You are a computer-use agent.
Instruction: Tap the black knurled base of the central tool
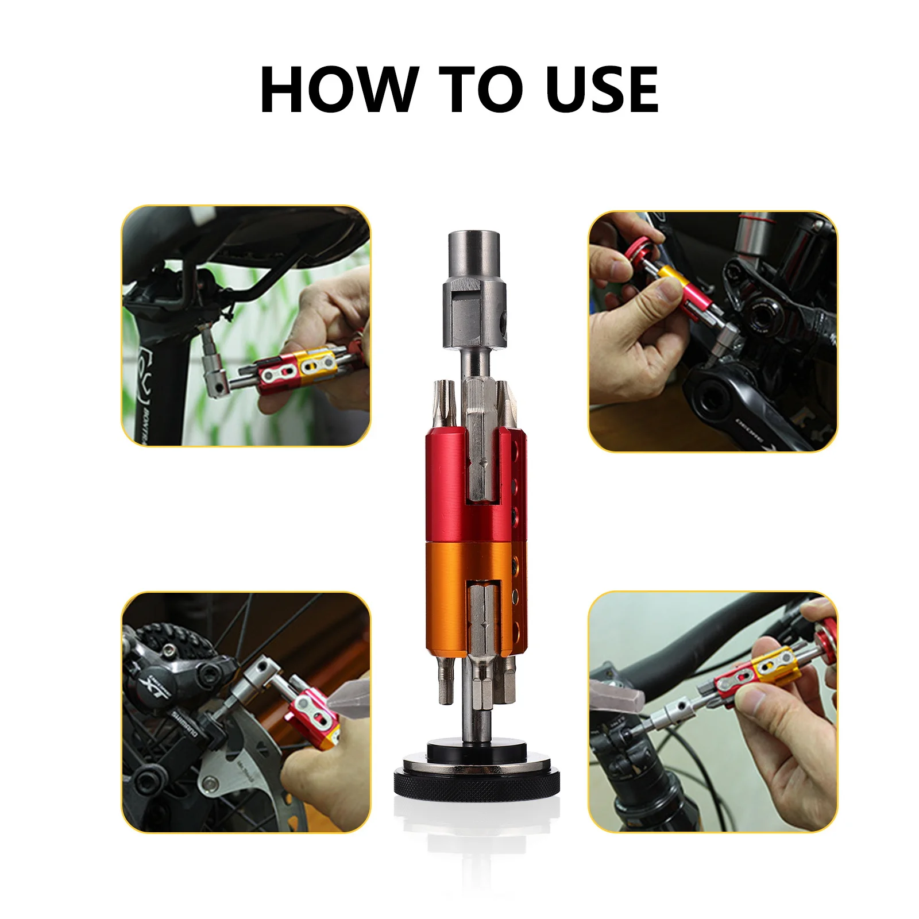tap(477, 782)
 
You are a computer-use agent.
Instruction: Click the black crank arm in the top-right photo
tap(747, 414)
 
